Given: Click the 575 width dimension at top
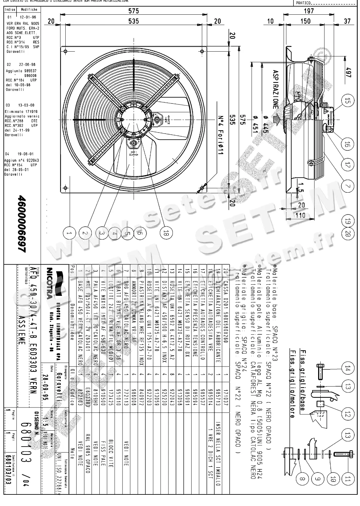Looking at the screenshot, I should pyautogui.click(x=133, y=11).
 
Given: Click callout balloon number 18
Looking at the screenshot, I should pyautogui.click(x=166, y=233).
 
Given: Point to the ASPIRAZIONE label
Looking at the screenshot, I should pyautogui.click(x=275, y=89).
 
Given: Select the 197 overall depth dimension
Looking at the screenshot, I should pyautogui.click(x=309, y=11).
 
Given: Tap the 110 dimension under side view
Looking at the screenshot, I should pyautogui.click(x=300, y=215).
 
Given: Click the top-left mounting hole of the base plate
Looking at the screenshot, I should pyautogui.click(x=65, y=52).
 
